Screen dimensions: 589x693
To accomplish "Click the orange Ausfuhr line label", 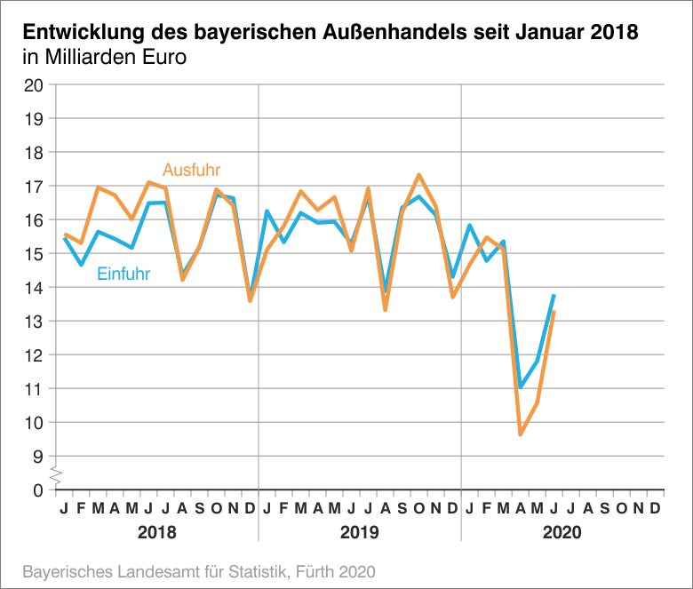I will (191, 170).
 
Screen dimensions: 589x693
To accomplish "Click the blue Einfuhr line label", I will (123, 274).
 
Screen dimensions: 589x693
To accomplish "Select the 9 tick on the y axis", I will (37, 457).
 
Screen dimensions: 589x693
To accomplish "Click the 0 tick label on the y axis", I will (37, 490).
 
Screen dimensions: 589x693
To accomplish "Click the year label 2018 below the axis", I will (156, 533).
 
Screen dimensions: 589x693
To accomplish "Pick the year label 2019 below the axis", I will (360, 533).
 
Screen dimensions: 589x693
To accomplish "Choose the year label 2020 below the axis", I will (562, 533).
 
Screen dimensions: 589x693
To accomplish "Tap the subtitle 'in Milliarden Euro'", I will (104, 60).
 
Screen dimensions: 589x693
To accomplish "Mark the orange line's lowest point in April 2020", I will (521, 434).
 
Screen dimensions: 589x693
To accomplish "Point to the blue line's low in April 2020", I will (521, 386).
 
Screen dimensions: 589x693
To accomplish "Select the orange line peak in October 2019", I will (418, 175).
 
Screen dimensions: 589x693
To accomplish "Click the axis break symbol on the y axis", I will (54, 474).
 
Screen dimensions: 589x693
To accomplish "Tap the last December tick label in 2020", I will (655, 508).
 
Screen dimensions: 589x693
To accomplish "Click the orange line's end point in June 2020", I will (554, 312).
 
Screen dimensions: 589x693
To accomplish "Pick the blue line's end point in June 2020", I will (554, 295).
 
